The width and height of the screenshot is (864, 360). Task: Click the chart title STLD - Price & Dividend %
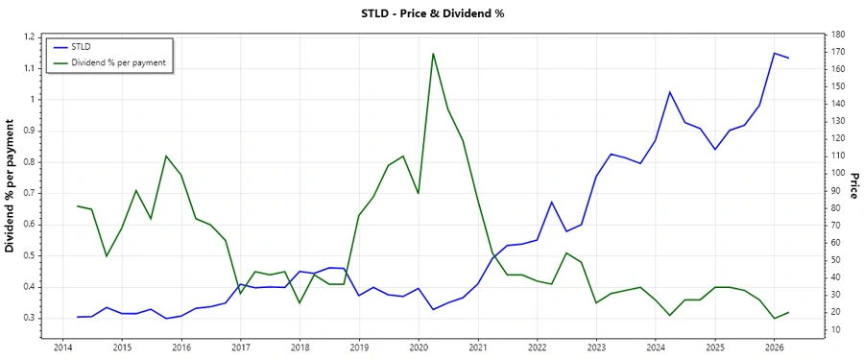432,13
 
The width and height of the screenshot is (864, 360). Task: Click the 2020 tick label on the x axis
418,347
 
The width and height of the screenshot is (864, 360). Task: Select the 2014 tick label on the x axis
62,347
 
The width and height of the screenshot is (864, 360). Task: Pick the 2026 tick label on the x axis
774,347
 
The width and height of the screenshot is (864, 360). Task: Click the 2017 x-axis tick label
240,347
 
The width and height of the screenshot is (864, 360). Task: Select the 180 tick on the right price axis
838,36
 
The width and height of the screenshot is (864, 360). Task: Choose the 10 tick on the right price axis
836,329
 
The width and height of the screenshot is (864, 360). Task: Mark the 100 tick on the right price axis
838,174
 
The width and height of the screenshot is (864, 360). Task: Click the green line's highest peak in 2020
433,53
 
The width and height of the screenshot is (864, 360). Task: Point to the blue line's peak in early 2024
670,92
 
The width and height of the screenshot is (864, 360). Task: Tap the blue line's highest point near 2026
774,53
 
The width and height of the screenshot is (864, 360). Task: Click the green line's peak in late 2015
166,156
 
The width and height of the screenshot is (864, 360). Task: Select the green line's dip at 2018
300,303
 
